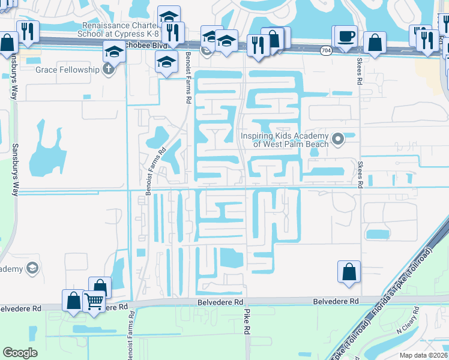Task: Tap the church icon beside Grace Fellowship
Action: pyautogui.click(x=108, y=70)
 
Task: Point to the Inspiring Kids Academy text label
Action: pyautogui.click(x=285, y=140)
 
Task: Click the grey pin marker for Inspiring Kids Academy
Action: pyautogui.click(x=338, y=140)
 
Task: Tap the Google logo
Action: pyautogui.click(x=20, y=353)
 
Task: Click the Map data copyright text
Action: pyautogui.click(x=424, y=355)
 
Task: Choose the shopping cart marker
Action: pyautogui.click(x=94, y=301)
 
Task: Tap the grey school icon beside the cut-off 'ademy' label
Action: pyautogui.click(x=33, y=268)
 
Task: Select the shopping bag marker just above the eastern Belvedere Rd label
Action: pyautogui.click(x=349, y=272)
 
